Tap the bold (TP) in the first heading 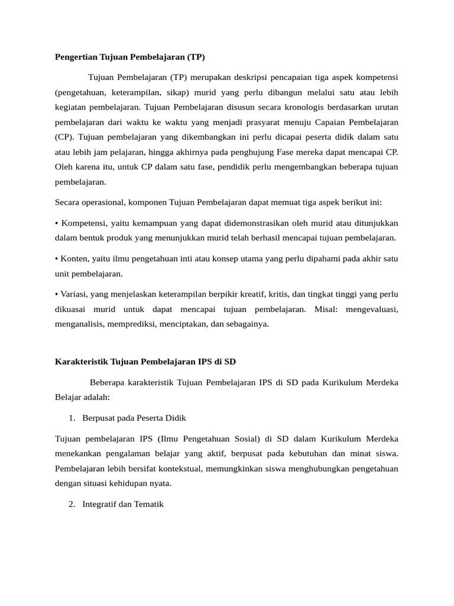195,57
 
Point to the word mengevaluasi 372,309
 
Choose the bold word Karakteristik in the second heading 82,361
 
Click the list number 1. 72,418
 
